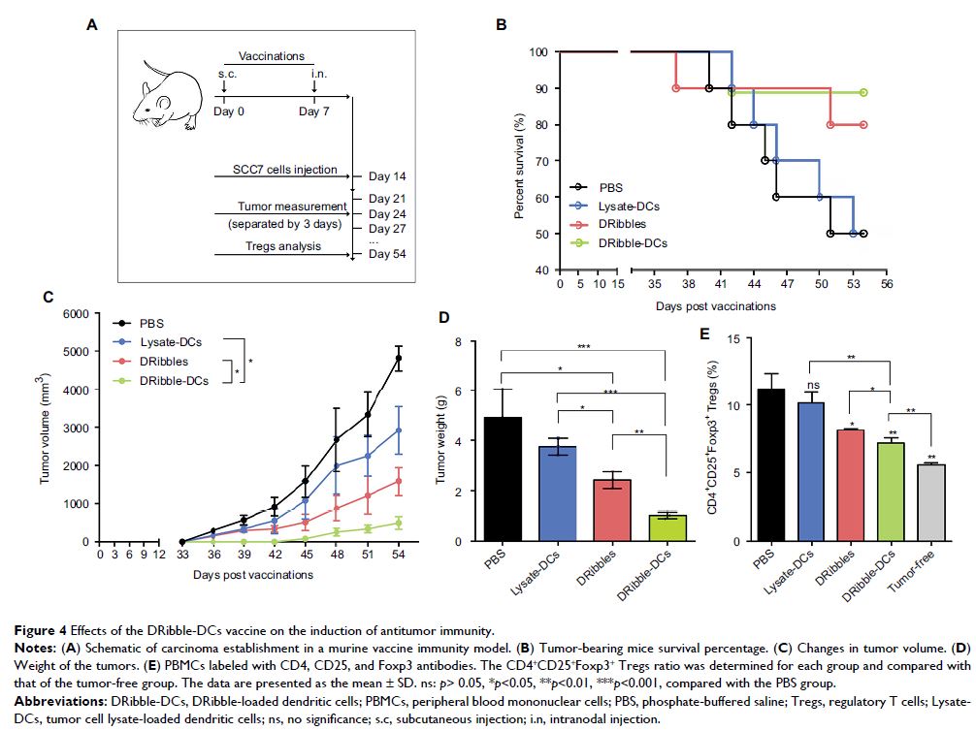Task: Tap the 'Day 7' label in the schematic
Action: click(x=314, y=112)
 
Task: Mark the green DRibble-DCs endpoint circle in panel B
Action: click(x=862, y=93)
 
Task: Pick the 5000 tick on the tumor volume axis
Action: click(x=83, y=351)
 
